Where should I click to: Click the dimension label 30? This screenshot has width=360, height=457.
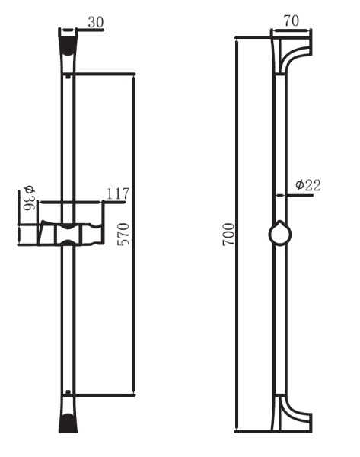[x=95, y=22]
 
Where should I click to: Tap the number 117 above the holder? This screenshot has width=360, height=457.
[x=118, y=194]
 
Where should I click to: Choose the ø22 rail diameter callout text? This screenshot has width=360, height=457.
[x=307, y=184]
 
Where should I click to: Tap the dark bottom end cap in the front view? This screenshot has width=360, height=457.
[x=68, y=418]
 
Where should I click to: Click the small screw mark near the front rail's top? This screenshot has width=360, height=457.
[x=68, y=76]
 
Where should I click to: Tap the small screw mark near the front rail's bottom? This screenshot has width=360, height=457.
[x=68, y=393]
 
